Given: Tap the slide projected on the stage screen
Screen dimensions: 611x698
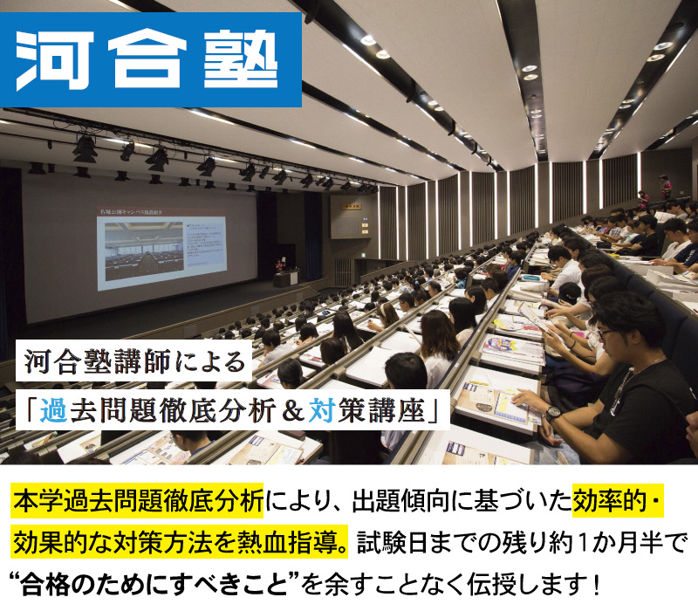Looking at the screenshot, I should pyautogui.click(x=161, y=253).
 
